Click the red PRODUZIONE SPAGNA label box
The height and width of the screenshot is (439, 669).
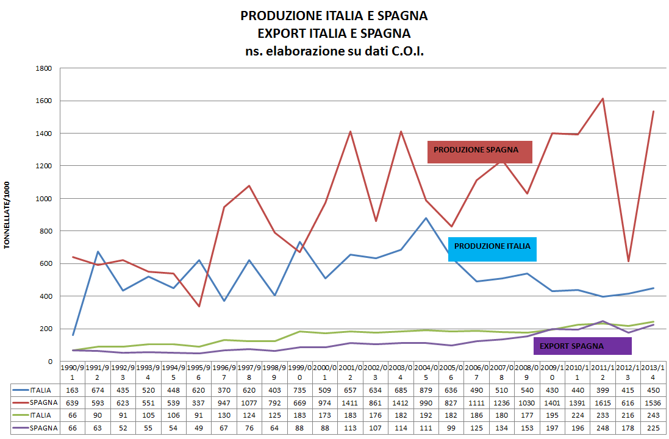pos(479,152)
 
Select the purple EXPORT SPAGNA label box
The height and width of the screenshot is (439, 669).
pos(582,346)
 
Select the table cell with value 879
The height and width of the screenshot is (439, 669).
pos(426,390)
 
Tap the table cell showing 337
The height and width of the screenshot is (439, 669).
pos(199,402)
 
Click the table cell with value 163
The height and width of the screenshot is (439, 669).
pos(73,390)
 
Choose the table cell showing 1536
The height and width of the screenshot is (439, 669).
pos(653,402)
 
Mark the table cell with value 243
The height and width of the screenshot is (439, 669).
pos(653,415)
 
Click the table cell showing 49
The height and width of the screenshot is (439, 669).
pos(199,428)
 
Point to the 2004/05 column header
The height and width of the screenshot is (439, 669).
pos(426,373)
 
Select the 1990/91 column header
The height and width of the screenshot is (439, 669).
pos(73,373)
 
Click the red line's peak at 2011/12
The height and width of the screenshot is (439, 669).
pos(603,99)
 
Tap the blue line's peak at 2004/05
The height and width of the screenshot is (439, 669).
pos(426,218)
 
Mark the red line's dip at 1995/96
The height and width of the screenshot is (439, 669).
pos(199,306)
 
